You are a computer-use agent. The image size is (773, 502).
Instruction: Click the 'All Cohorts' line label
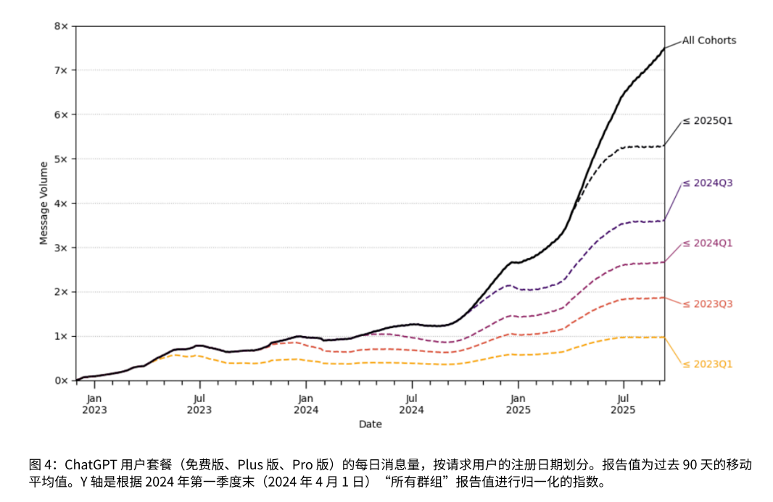tap(708, 41)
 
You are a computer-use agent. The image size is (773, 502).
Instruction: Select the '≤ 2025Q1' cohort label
tap(707, 120)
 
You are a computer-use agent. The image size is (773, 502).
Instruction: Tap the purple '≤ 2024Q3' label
tap(707, 183)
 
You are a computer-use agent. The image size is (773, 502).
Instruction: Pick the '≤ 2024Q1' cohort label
tap(707, 243)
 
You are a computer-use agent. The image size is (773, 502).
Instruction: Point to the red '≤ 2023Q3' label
tap(707, 304)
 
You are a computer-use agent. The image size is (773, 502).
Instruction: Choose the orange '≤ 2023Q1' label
tap(707, 364)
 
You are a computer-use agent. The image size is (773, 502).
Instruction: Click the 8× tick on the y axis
tap(61, 26)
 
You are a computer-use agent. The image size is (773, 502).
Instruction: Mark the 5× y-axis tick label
tap(61, 159)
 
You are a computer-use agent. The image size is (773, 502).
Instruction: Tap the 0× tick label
tap(61, 380)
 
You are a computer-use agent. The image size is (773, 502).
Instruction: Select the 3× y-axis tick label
tap(61, 248)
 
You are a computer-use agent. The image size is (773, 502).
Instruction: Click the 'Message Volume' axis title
tap(44, 204)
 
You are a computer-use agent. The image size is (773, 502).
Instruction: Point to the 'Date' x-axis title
tap(370, 424)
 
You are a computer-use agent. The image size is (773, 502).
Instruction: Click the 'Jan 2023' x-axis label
tap(94, 403)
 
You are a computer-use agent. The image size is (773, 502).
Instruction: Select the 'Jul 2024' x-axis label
tap(411, 403)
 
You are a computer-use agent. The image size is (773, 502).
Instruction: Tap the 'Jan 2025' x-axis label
tap(517, 403)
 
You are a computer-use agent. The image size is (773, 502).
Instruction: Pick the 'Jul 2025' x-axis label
tap(622, 403)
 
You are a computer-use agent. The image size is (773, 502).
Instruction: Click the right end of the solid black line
tap(664, 49)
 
